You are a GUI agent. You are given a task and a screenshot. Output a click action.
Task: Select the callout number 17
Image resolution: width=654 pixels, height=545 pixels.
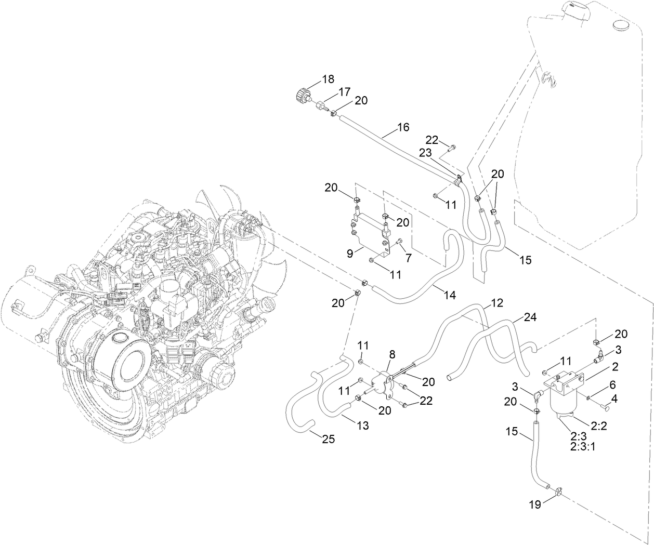(x=345, y=92)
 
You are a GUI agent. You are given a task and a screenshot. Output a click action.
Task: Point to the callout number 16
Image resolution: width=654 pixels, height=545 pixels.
(x=403, y=127)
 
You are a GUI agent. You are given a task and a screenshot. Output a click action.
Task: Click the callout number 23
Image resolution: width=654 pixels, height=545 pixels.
(x=425, y=153)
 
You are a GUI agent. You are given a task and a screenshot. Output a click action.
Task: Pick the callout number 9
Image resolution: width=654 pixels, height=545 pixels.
(x=350, y=254)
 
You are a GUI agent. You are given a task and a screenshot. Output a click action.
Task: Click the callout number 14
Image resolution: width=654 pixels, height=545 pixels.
(x=450, y=295)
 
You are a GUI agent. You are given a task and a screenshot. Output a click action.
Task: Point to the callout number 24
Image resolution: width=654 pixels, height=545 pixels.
(x=530, y=316)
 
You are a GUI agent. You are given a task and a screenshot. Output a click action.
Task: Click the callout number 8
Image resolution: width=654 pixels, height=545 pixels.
(x=391, y=354)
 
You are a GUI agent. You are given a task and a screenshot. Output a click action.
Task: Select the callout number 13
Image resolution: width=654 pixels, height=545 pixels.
(x=363, y=426)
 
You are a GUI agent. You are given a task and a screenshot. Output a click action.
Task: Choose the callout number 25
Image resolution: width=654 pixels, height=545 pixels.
(x=328, y=440)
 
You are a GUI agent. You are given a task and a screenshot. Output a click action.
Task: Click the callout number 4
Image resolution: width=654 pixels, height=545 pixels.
(x=614, y=399)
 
